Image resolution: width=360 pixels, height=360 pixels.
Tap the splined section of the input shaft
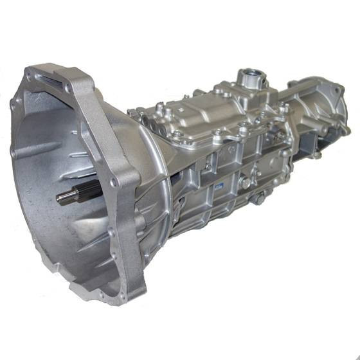(x=87, y=191)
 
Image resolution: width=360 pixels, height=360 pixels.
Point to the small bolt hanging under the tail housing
(x=316, y=154)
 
